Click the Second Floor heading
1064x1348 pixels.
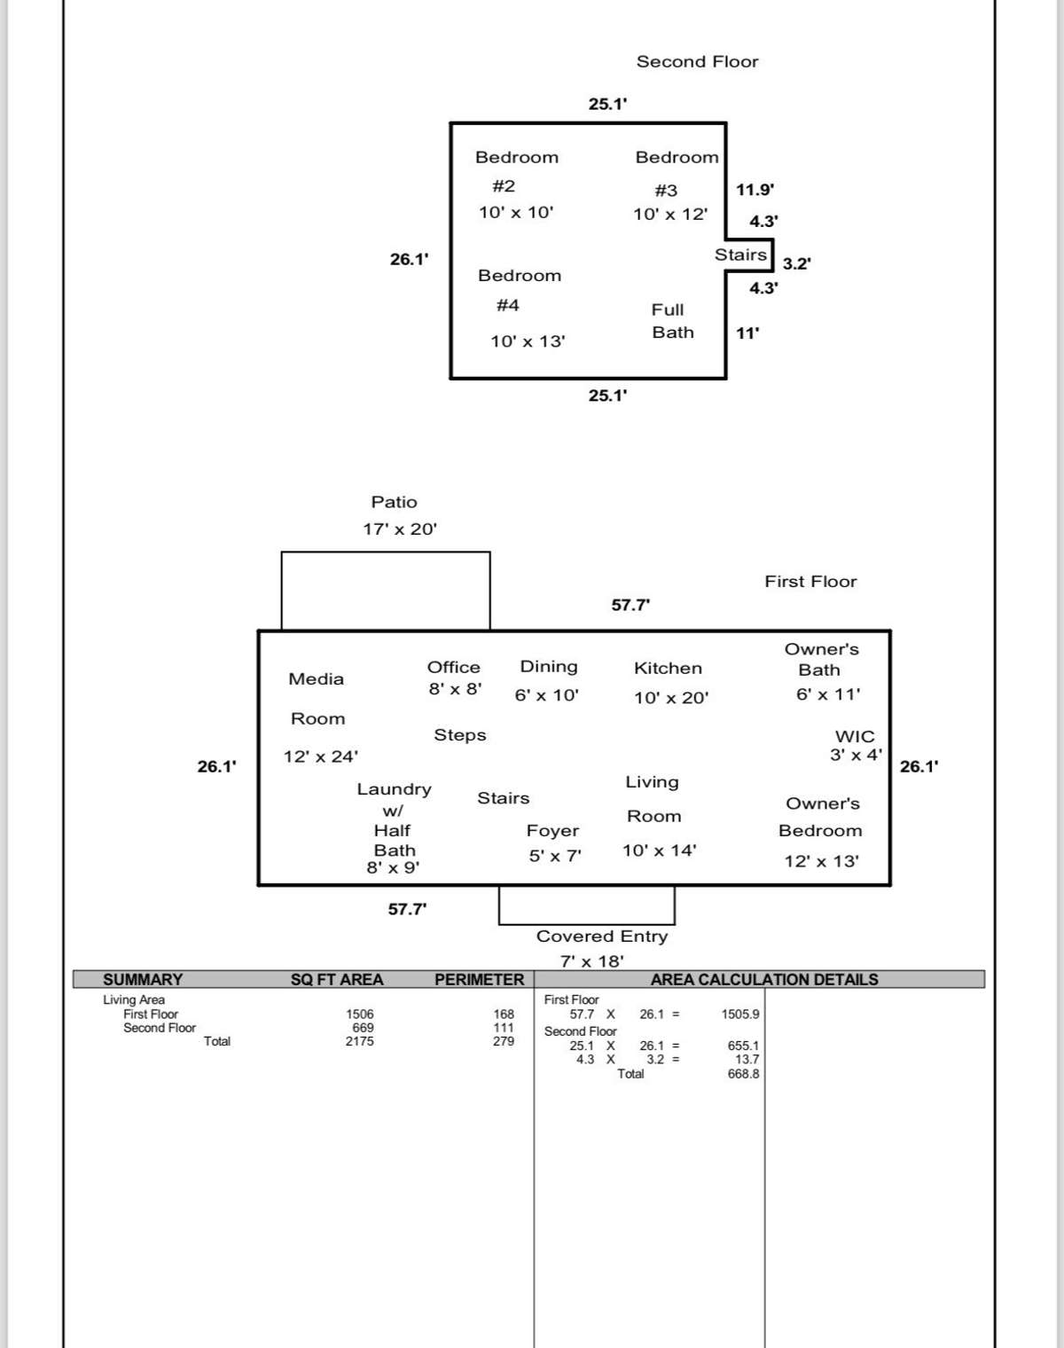697,61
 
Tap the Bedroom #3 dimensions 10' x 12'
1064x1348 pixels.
670,215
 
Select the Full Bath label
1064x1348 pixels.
673,321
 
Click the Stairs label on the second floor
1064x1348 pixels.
740,255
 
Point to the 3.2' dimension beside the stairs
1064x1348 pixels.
796,263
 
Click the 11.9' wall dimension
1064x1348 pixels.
755,190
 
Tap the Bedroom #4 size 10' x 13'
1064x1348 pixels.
528,341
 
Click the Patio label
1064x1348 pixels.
394,502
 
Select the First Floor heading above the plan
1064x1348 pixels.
810,581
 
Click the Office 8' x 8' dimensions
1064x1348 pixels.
455,689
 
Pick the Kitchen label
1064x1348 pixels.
668,669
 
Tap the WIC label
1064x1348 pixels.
855,737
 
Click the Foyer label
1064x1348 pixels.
552,831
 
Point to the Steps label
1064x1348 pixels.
459,735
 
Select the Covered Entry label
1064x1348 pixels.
602,937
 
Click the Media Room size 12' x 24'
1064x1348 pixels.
321,756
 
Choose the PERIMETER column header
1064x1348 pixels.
479,980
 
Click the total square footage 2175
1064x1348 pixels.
359,1041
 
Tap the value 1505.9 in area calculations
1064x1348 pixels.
740,1015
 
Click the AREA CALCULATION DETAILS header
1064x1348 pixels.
764,980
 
